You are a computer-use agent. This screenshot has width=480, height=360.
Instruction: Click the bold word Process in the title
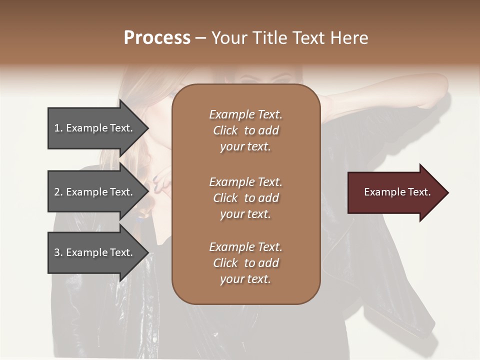157,38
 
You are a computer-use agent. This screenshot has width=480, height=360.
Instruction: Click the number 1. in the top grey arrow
58,128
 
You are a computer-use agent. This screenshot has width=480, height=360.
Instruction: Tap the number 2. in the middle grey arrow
58,192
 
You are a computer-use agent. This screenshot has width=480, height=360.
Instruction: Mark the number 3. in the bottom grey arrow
58,252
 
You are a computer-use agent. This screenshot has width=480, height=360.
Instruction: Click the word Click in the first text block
225,130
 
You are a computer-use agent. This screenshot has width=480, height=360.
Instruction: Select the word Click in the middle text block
225,198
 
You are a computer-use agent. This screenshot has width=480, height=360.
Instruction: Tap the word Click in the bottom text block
225,263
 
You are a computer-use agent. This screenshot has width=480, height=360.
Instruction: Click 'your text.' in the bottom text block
245,279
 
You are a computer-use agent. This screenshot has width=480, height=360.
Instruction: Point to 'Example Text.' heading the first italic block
245,114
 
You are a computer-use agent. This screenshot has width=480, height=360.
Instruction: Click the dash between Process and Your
201,38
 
